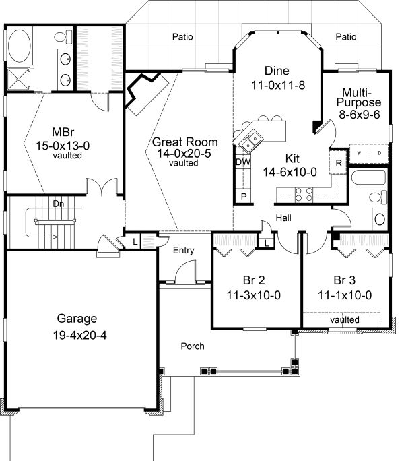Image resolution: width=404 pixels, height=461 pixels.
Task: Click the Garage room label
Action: click(77, 319)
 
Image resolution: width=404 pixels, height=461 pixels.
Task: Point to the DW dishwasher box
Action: click(242, 162)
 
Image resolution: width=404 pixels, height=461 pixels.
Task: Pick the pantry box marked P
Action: click(242, 196)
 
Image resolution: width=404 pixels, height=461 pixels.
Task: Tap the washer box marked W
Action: click(359, 152)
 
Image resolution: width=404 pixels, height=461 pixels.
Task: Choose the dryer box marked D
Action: click(379, 152)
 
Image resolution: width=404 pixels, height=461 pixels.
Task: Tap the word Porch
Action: click(193, 346)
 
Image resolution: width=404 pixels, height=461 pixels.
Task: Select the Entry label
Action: click(183, 251)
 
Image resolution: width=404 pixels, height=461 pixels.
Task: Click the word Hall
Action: click(283, 218)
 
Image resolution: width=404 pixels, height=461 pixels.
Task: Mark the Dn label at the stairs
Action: click(59, 202)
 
